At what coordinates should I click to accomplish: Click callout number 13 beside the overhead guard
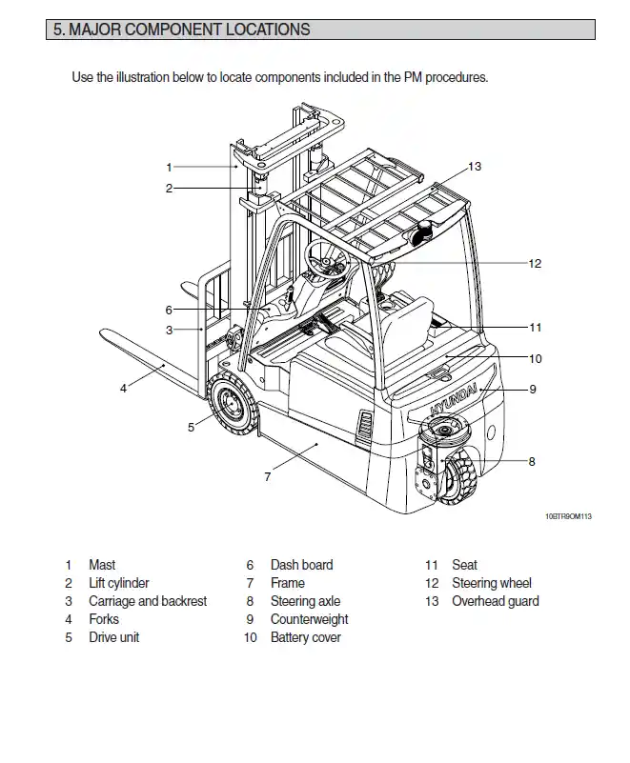pos(475,167)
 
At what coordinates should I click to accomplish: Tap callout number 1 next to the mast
pos(169,167)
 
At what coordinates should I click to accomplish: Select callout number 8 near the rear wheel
pos(532,462)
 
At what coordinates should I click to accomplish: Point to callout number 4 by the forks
pos(123,388)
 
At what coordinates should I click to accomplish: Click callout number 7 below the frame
pos(268,476)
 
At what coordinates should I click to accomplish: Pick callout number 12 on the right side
pos(535,263)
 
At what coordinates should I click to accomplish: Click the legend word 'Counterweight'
pos(309,619)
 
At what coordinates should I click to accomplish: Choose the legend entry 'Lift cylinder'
pos(119,583)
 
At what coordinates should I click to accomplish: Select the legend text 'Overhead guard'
pos(495,601)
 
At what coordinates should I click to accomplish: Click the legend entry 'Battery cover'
pos(305,637)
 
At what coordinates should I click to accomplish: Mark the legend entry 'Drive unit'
pos(114,637)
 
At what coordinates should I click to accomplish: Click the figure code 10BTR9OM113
pos(568,515)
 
